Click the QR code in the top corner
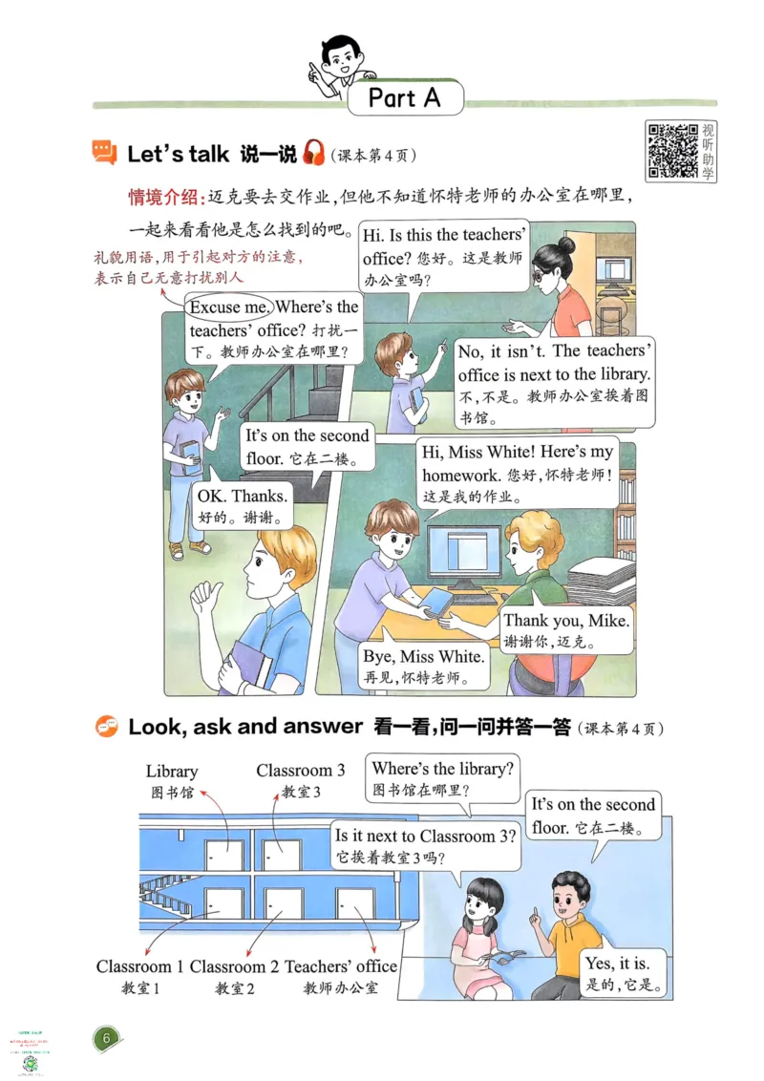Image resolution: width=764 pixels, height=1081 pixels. pyautogui.click(x=672, y=150)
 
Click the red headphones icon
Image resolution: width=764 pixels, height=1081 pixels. pyautogui.click(x=313, y=153)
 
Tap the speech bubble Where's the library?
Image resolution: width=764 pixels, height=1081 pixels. pyautogui.click(x=442, y=778)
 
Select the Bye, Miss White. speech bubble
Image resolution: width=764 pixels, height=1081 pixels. pyautogui.click(x=423, y=667)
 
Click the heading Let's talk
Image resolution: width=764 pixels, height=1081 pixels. pyautogui.click(x=178, y=153)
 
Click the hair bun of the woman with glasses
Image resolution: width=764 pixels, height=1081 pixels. pyautogui.click(x=564, y=245)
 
